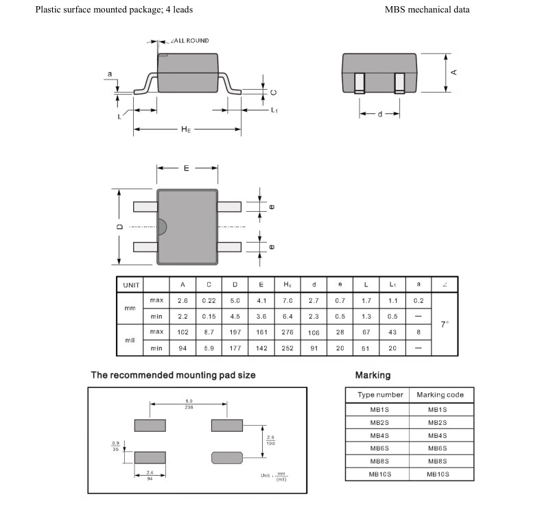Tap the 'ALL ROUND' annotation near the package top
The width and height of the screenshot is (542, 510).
point(189,41)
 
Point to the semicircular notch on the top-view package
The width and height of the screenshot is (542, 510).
point(162,227)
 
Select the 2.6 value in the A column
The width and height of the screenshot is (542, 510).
point(182,300)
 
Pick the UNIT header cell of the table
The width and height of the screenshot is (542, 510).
point(131,284)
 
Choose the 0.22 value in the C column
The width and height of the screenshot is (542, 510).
point(208,300)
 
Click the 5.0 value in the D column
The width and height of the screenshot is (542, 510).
point(235,300)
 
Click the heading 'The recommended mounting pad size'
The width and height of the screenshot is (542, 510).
point(178,376)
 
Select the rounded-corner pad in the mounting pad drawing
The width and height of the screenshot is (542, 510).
point(227,457)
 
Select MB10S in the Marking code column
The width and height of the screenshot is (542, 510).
point(436,474)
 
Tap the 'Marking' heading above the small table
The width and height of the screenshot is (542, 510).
point(373,376)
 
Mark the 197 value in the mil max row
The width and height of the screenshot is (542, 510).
point(235,332)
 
